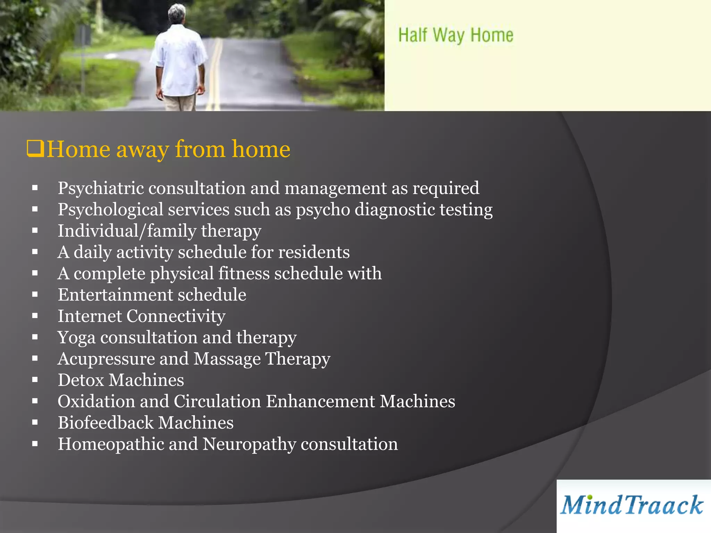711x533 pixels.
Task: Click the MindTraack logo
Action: point(632,505)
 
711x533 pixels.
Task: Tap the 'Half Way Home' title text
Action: point(455,35)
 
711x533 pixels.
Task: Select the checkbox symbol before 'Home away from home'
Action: point(35,149)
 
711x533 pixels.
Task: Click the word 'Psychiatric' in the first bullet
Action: point(101,188)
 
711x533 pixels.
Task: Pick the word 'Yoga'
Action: point(76,338)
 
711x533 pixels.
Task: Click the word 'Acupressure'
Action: point(106,359)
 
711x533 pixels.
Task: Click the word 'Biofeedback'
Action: point(106,423)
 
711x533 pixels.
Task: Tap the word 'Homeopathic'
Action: point(111,444)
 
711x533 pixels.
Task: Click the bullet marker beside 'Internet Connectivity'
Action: point(35,316)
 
